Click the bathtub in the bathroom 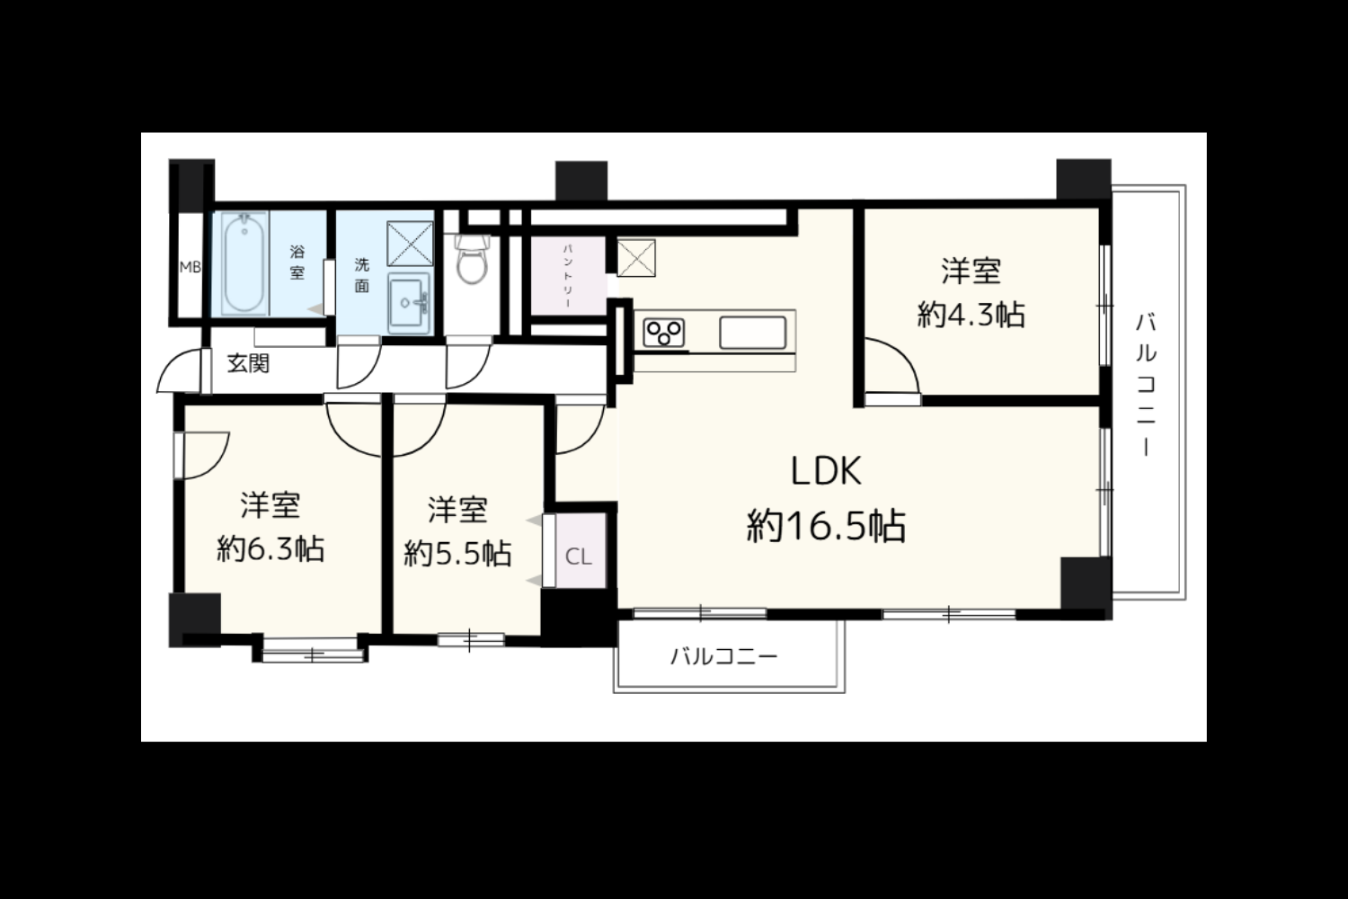(244, 263)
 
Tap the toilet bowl (471, 260)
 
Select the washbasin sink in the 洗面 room (409, 303)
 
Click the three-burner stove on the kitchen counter (664, 333)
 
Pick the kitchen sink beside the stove (753, 333)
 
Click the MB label (191, 267)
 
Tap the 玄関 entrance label (248, 364)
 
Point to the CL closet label (579, 557)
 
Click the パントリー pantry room (568, 275)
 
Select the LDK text (826, 471)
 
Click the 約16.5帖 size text (826, 526)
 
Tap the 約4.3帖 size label (971, 315)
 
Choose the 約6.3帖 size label (270, 548)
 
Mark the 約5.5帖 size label (457, 554)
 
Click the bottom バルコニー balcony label (724, 655)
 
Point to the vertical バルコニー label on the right (1147, 384)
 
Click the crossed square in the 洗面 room (410, 244)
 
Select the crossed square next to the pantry (636, 258)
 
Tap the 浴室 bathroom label (297, 262)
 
